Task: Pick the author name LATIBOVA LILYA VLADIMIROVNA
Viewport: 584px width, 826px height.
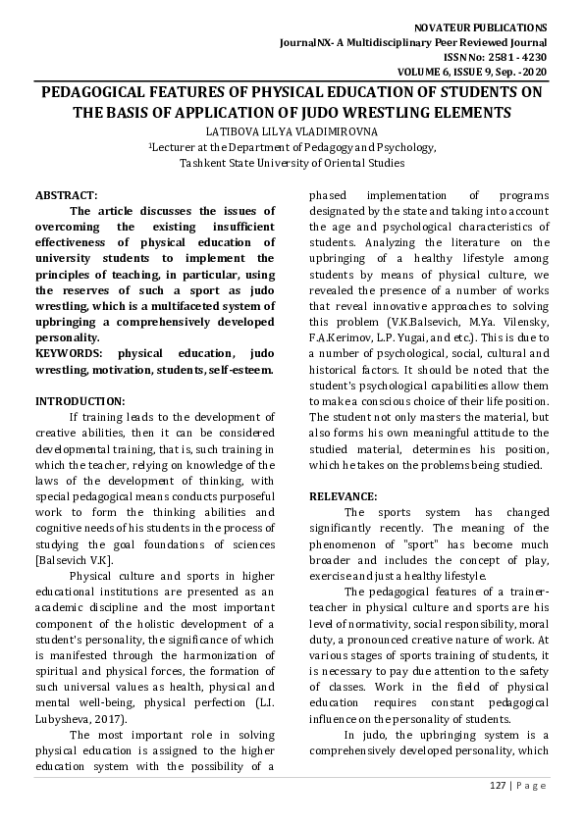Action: (292, 130)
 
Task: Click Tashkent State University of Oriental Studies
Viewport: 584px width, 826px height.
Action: (292, 163)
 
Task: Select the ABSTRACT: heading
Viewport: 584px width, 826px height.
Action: (66, 195)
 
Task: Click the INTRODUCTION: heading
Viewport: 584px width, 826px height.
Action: (80, 400)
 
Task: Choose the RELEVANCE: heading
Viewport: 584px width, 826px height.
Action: (343, 496)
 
